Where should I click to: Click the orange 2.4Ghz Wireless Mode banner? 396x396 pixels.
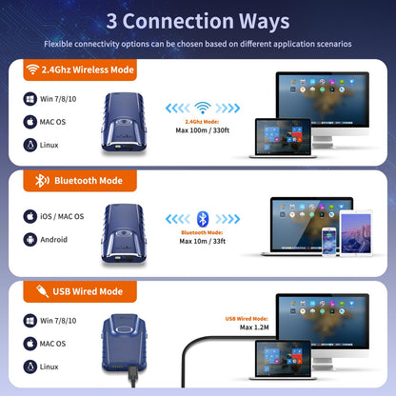(x=80, y=69)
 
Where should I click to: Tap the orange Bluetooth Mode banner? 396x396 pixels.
(x=80, y=181)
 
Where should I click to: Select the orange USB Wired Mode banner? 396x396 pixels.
(x=80, y=291)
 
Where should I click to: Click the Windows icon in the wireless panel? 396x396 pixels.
(x=30, y=99)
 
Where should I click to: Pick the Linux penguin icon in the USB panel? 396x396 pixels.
(x=30, y=366)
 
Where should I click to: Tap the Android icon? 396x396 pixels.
(x=30, y=240)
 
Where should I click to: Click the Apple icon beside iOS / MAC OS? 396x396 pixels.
(x=30, y=216)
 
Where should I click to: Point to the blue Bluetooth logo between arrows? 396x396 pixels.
(x=203, y=219)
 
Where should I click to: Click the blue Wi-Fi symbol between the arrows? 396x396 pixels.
(x=203, y=108)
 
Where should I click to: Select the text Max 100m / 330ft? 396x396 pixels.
(x=203, y=130)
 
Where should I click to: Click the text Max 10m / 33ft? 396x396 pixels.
(x=203, y=241)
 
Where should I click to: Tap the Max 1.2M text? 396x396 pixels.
(x=254, y=327)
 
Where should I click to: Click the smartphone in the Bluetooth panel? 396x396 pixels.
(x=328, y=241)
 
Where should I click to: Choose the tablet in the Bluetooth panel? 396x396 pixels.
(x=356, y=233)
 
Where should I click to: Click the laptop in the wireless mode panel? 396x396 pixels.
(x=283, y=138)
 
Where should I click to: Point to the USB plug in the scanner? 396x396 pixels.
(x=133, y=375)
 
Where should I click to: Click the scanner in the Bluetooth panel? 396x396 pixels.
(x=124, y=233)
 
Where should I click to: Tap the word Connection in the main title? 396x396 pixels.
(x=178, y=21)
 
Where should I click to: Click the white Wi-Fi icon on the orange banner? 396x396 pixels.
(x=32, y=69)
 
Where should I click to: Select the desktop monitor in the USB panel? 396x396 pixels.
(x=323, y=331)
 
